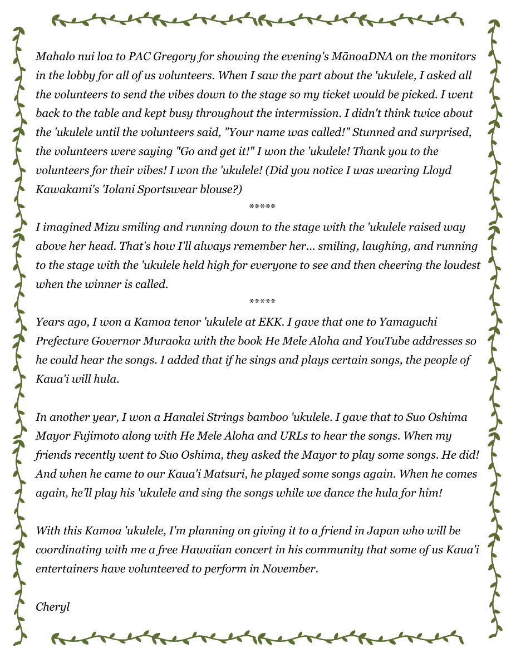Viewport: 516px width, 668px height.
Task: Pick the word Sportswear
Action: [x=161, y=189]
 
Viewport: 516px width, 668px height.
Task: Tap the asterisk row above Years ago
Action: [x=262, y=302]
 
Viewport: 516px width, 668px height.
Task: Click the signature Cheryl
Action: [x=52, y=606]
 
